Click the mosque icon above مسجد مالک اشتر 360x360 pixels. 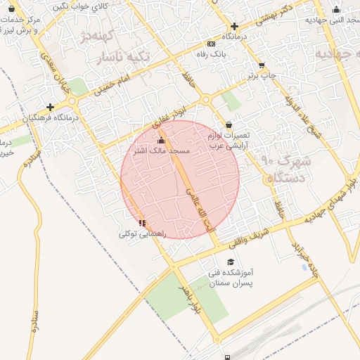[162, 141]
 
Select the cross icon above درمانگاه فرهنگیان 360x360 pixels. [50, 108]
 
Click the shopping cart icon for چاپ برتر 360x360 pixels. [262, 65]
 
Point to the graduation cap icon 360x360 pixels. [231, 262]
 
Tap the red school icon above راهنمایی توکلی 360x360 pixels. [143, 223]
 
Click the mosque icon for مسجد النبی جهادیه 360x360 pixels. [335, 10]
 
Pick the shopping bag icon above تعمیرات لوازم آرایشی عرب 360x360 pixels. [229, 124]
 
